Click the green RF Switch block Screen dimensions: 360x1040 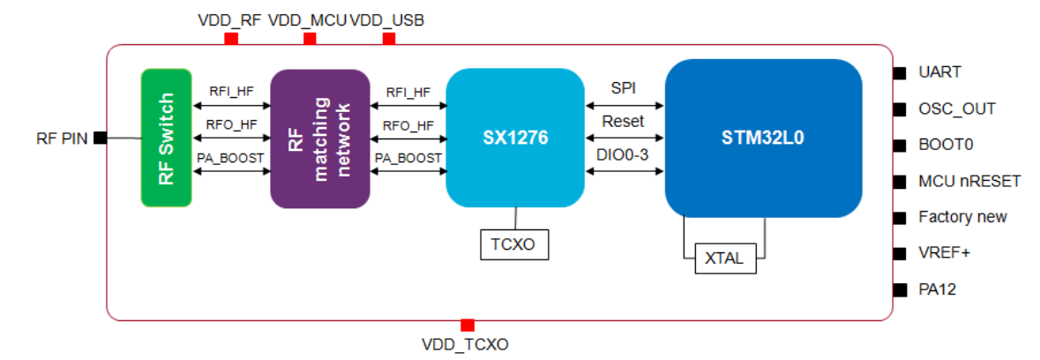click(x=166, y=138)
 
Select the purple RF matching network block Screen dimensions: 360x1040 click(x=319, y=139)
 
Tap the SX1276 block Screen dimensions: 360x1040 click(x=515, y=139)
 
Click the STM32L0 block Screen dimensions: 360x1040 click(x=763, y=139)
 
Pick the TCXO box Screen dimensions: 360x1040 click(x=514, y=244)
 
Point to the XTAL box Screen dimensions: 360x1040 click(x=724, y=259)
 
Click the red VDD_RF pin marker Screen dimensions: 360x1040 click(x=232, y=40)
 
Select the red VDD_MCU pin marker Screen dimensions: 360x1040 click(x=309, y=40)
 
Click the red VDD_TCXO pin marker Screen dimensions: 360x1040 click(x=468, y=325)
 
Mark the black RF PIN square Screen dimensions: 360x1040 click(x=101, y=138)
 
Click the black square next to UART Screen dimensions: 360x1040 click(x=900, y=72)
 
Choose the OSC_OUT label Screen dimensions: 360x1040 click(x=956, y=109)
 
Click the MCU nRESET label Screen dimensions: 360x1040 click(x=969, y=181)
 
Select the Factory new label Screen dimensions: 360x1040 click(x=961, y=217)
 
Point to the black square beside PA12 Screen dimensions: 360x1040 click(x=900, y=289)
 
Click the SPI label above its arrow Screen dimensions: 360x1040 click(x=624, y=89)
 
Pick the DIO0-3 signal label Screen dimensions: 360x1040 click(x=623, y=155)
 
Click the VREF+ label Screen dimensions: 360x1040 click(x=944, y=253)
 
